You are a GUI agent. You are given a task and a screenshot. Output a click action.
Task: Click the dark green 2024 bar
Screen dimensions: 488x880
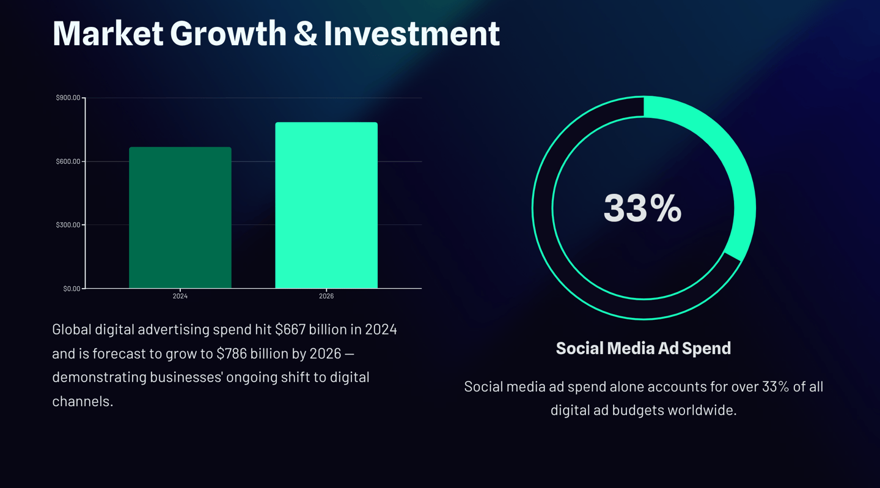180,217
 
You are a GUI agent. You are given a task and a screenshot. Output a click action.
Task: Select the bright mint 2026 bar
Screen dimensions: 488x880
326,205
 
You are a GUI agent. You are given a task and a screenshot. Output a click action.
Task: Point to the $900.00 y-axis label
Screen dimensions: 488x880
68,98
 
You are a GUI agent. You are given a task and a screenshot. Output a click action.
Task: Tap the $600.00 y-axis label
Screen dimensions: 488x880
68,161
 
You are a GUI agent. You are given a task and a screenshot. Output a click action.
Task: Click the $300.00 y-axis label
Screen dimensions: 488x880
68,225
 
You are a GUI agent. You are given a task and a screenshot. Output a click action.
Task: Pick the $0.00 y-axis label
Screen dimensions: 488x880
71,289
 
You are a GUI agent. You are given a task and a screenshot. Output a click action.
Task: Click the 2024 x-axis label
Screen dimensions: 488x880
180,296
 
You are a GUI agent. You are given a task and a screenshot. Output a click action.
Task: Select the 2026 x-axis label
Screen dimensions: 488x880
326,296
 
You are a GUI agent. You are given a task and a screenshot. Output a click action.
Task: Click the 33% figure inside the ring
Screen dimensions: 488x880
642,208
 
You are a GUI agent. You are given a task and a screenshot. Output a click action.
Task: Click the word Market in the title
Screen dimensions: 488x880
108,33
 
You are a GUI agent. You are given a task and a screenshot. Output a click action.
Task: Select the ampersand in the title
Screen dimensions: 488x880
305,33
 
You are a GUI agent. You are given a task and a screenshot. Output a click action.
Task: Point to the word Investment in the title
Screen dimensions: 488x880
411,33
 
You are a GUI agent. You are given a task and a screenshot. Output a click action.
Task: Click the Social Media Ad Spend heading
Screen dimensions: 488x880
643,348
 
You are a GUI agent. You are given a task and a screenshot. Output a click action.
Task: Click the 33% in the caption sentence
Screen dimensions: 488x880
776,386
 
